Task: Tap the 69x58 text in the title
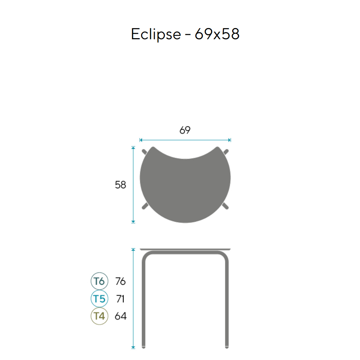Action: click(217, 34)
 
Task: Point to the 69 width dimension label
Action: click(185, 130)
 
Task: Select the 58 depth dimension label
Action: click(120, 185)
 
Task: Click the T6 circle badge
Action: click(99, 281)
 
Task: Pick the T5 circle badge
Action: click(99, 299)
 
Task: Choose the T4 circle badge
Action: click(99, 316)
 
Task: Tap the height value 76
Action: click(120, 281)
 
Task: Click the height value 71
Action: click(120, 299)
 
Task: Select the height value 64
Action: click(121, 316)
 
